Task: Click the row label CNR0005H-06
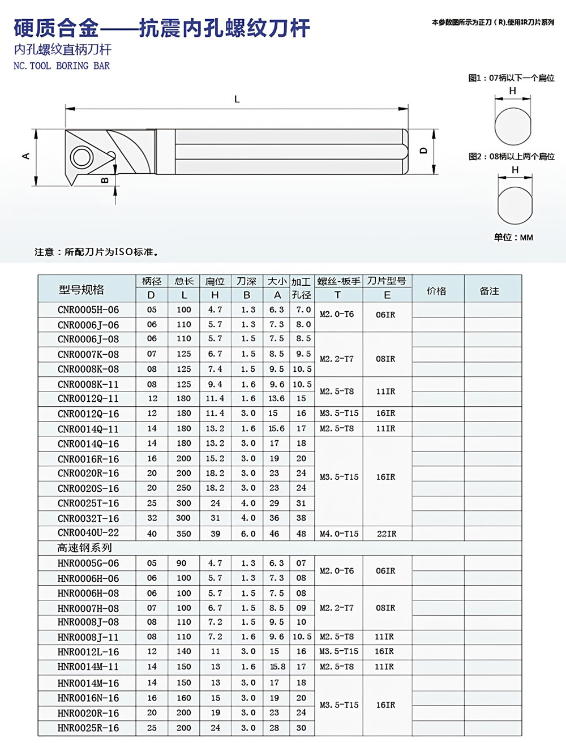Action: coord(88,310)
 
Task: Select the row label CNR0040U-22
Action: coord(88,533)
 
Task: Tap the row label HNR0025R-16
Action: coord(88,728)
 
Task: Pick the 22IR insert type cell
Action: coord(387,534)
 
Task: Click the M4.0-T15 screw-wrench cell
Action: coord(339,534)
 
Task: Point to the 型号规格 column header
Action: coord(82,290)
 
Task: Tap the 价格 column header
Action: coord(436,291)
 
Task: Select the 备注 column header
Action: coord(490,291)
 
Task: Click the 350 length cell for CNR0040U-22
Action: coord(183,534)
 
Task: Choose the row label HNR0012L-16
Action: coord(88,652)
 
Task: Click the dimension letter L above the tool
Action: coord(237,99)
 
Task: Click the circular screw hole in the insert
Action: coord(80,157)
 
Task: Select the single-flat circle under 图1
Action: coord(513,126)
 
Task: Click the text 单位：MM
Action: coord(513,237)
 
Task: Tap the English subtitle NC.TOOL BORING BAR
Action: coord(62,66)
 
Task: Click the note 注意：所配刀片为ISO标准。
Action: coord(96,252)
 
